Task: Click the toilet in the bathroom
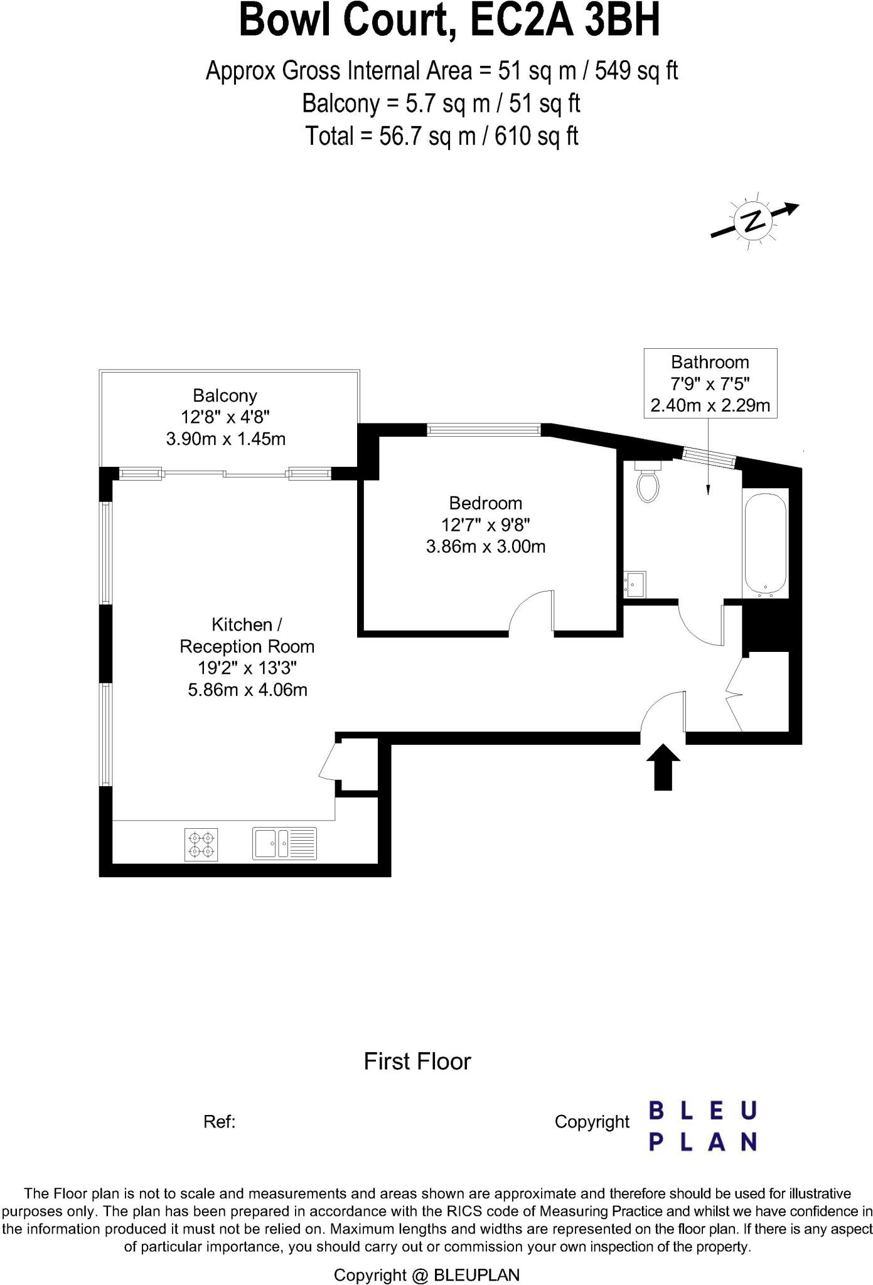point(648,482)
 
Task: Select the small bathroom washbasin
point(635,584)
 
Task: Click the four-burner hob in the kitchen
point(201,844)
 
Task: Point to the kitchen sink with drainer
point(285,843)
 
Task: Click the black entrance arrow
point(663,767)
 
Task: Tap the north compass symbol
point(754,220)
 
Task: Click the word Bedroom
point(485,503)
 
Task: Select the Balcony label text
point(225,396)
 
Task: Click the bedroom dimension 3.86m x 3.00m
point(485,547)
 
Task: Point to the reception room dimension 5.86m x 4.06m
point(247,690)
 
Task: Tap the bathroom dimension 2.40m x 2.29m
point(710,406)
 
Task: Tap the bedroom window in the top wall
point(483,430)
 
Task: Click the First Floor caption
point(417,1062)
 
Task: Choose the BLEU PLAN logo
point(702,1126)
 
